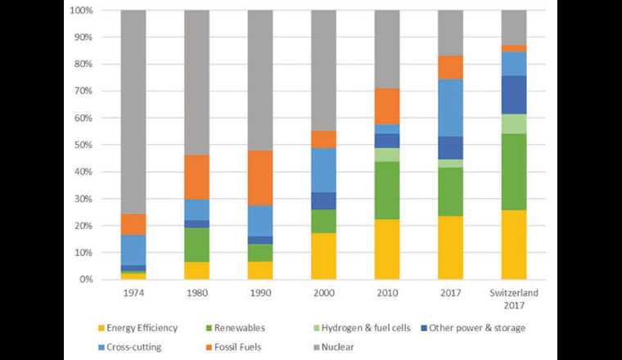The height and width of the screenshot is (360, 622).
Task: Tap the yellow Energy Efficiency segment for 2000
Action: tap(324, 256)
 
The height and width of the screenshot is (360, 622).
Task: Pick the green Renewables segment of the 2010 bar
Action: tap(388, 191)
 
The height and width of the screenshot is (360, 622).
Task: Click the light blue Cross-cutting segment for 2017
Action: tap(451, 107)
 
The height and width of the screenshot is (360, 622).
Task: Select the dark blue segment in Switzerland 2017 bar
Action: tap(514, 95)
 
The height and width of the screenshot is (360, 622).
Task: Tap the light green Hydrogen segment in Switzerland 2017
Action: tap(514, 124)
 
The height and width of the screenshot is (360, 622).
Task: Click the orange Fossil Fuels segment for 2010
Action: tap(388, 106)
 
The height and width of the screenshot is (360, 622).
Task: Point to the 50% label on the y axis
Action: tap(79, 145)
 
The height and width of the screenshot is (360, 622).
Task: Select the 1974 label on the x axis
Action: tap(133, 293)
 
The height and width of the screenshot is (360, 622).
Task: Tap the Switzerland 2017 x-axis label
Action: tap(514, 299)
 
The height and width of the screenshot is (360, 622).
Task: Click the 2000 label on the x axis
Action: tap(324, 293)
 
